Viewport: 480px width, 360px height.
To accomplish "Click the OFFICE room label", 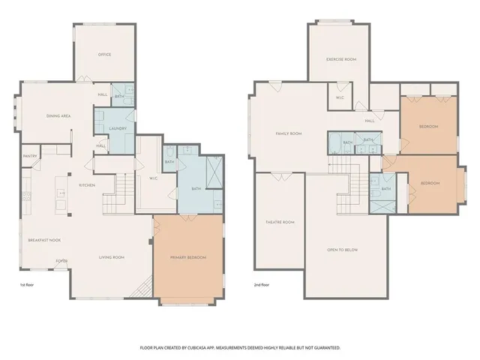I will (x=104, y=55).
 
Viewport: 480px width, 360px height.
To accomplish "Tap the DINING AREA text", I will (x=58, y=115).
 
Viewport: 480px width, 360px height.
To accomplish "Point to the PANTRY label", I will (x=30, y=156).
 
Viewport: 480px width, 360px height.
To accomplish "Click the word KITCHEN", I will (x=87, y=184).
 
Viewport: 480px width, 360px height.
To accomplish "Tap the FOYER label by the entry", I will (x=60, y=262).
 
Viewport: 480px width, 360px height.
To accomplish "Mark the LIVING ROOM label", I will (x=112, y=257).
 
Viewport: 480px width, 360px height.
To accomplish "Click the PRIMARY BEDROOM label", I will (x=188, y=257).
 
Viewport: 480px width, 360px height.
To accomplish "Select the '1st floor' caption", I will (x=28, y=285).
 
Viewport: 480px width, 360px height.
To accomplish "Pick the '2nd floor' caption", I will (x=262, y=285).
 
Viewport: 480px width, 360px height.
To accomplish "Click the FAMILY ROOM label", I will (x=288, y=133).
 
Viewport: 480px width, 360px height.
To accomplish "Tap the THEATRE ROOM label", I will (x=281, y=222).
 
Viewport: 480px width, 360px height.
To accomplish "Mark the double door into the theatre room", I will (x=281, y=178).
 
